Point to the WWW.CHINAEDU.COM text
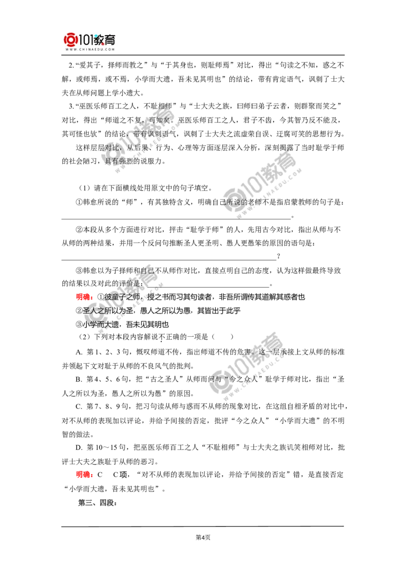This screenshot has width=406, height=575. point(90,50)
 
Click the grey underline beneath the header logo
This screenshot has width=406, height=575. point(89,54)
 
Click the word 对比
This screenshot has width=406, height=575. point(109,147)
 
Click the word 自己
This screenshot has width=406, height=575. point(147,271)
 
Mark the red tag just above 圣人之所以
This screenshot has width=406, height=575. point(83,296)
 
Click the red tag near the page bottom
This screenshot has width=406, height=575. point(83,474)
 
